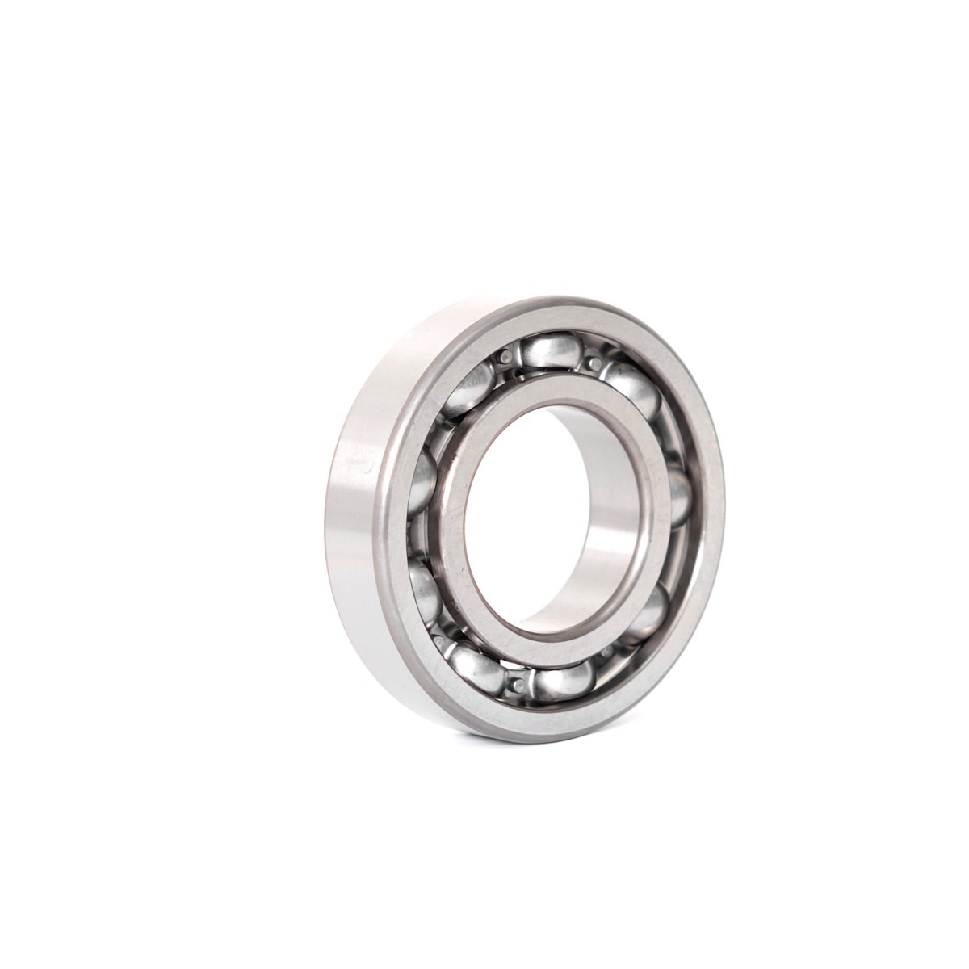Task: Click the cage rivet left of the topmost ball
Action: [x=507, y=356]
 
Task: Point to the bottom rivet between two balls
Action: [x=517, y=685]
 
